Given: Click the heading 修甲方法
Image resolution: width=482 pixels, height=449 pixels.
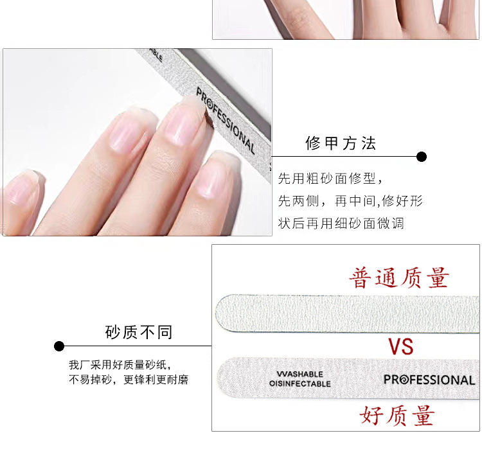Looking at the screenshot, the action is point(341,143).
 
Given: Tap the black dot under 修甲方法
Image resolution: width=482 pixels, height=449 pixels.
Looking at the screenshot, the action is point(422,157).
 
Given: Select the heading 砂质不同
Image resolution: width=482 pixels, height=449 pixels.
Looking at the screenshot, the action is point(139,332).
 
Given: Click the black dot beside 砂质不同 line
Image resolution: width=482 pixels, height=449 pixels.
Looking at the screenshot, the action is point(59,346).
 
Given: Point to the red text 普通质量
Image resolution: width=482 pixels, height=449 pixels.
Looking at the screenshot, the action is point(399,278).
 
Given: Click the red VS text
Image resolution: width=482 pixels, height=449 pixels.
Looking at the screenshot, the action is point(400,346).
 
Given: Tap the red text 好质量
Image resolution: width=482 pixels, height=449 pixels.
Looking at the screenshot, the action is point(397,415).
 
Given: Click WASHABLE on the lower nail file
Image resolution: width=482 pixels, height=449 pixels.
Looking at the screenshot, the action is point(299,374).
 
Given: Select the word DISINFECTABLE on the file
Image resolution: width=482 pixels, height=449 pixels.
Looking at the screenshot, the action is point(300,383).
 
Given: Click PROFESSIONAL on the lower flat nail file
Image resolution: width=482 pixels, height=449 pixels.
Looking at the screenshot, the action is point(429,380).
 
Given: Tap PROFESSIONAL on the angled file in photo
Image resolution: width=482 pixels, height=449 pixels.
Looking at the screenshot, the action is point(226,121).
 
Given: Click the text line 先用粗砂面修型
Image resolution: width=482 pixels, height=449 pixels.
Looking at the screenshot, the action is point(330,178).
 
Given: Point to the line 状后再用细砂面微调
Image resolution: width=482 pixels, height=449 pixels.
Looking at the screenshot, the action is point(341,224).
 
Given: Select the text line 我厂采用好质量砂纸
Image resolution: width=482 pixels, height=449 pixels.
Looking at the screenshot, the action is point(120,365).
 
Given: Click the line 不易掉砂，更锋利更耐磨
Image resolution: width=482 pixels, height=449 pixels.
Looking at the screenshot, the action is point(129,380).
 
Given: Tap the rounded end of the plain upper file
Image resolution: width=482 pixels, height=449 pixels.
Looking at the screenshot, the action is point(219,313).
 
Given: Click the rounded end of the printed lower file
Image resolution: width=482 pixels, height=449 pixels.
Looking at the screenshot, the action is point(221,378).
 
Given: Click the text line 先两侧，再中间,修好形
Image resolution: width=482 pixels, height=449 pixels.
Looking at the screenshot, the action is point(351,201).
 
